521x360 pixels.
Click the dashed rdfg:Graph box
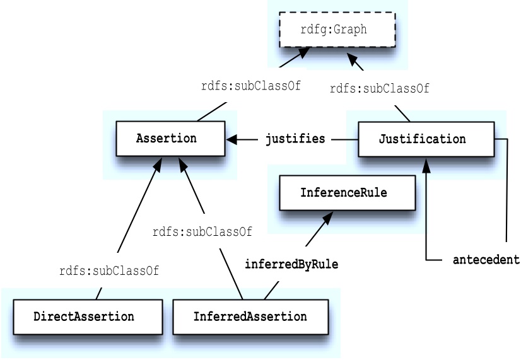[x=337, y=30]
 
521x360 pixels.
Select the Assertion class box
[x=170, y=139]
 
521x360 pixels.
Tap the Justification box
[x=426, y=139]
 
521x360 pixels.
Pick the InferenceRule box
[x=347, y=192]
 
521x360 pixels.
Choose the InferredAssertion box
[x=250, y=316]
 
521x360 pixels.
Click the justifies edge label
[x=295, y=139]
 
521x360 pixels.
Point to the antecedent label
[x=486, y=260]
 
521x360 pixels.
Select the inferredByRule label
[x=291, y=265]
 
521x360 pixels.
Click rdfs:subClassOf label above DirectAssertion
[x=109, y=272]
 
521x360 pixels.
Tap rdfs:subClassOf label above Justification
[x=379, y=89]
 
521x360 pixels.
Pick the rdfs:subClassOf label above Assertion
[x=250, y=86]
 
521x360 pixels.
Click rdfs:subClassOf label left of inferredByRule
[x=202, y=232]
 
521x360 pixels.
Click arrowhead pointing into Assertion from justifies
[x=231, y=139]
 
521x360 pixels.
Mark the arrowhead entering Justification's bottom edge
[x=426, y=165]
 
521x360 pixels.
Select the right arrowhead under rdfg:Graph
[x=353, y=60]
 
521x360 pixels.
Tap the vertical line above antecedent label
[x=506, y=189]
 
